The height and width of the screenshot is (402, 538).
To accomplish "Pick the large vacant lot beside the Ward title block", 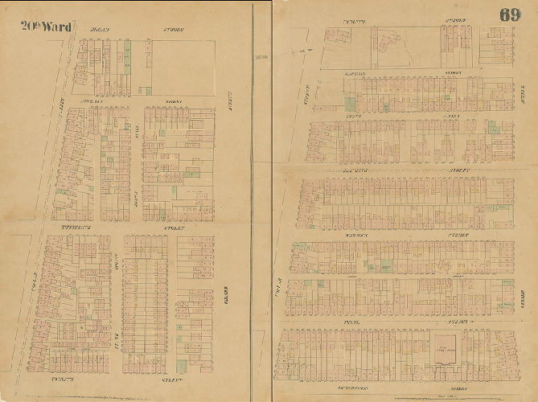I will pyautogui.click(x=184, y=62).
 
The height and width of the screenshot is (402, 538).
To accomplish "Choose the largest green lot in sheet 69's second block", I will pyautogui.click(x=350, y=103).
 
